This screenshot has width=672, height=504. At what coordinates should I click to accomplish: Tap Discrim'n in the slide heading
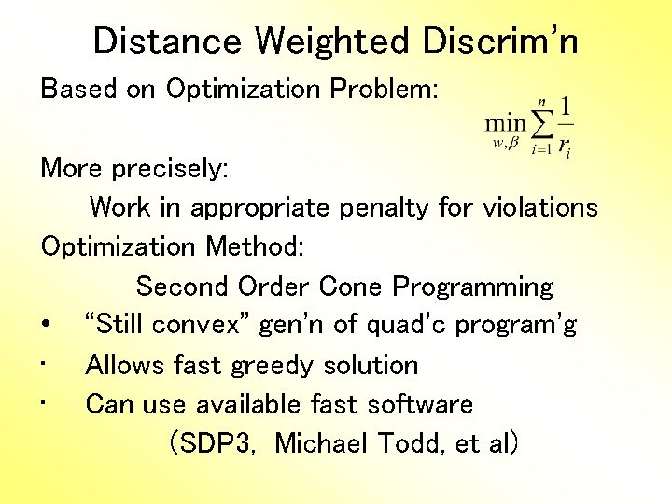[500, 41]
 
